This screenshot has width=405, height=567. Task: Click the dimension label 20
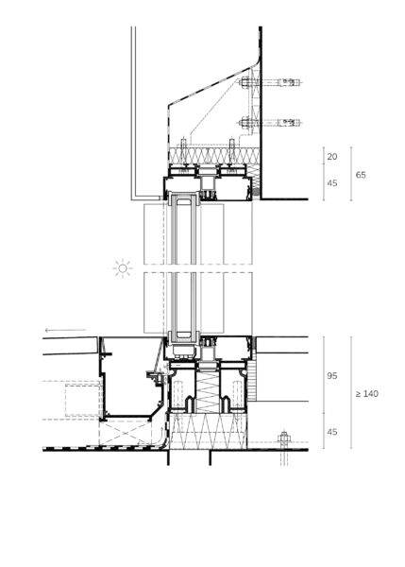[x=331, y=157]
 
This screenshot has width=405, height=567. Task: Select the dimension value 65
[x=361, y=175]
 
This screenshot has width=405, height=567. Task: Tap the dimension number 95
[x=332, y=376]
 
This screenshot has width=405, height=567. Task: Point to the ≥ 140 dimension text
[x=366, y=394]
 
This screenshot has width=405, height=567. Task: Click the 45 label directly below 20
[x=332, y=183]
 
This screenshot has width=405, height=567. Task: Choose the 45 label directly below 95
[x=332, y=432]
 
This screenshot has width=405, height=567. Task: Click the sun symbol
[x=123, y=268]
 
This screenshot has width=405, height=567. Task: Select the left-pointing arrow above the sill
[x=65, y=330]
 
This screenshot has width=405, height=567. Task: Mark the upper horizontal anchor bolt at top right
[x=269, y=82]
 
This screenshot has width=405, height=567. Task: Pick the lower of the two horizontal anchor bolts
[x=269, y=123]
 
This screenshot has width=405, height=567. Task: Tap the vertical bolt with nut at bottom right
[x=284, y=447]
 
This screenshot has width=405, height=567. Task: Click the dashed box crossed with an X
[x=126, y=433]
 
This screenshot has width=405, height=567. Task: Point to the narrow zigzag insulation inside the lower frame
[x=208, y=392]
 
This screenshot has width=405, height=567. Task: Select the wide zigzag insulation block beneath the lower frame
[x=208, y=432]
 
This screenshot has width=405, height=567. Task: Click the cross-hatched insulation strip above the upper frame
[x=214, y=156]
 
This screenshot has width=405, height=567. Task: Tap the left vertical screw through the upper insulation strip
[x=183, y=152]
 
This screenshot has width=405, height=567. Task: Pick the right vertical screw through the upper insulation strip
[x=232, y=152]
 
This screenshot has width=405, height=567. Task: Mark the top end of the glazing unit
[x=183, y=195]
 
